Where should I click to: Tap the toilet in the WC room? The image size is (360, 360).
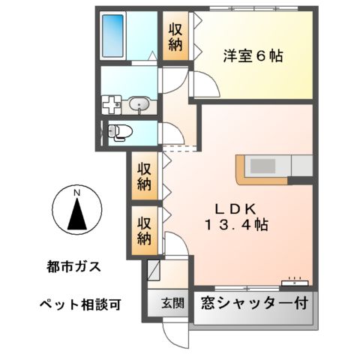point(119,133)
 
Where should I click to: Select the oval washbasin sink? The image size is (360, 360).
point(139,105)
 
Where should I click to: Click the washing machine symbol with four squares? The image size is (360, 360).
point(112,105)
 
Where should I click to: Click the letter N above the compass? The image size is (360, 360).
point(76,192)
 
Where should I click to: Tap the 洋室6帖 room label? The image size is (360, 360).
point(252,55)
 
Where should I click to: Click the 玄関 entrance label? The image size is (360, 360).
point(172,304)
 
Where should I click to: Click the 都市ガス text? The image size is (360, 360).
point(71,265)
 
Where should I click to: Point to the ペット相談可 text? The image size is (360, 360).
point(79,304)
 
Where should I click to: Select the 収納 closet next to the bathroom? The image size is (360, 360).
point(175,36)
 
